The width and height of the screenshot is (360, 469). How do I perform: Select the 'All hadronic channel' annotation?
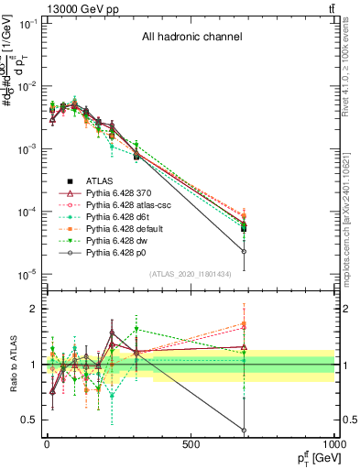click(x=191, y=38)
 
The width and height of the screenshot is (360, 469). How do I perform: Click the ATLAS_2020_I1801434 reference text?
click(x=190, y=275)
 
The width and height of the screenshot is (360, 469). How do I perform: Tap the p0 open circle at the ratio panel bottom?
click(x=244, y=431)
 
